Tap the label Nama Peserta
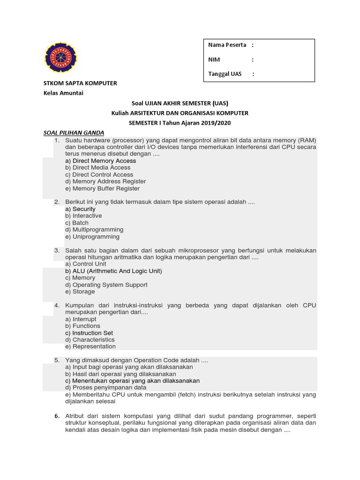point(227,45)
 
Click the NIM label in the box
point(214,60)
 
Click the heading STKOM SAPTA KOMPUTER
point(80,83)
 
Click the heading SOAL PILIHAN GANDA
point(74,133)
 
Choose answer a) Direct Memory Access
point(101,161)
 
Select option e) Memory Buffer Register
point(103,188)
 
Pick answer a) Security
point(81,209)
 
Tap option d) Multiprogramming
point(95,230)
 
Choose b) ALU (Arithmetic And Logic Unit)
point(114,271)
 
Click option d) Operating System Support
point(106,285)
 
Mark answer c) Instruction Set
point(90,333)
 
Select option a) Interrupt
point(81,319)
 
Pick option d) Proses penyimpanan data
point(106,388)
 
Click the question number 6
point(56,416)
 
